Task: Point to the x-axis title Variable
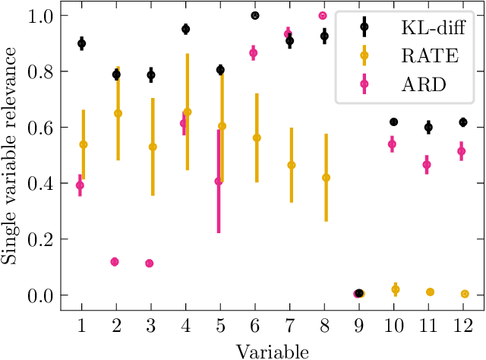(272, 351)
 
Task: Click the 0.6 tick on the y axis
(39, 128)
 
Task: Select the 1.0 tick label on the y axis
(39, 15)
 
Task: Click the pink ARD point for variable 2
(115, 262)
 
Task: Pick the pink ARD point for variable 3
(150, 264)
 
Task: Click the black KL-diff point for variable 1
(82, 44)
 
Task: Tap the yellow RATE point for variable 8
(326, 178)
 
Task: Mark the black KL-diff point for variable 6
(255, 15)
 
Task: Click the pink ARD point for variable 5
(219, 182)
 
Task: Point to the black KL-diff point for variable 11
(428, 128)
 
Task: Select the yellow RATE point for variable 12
(465, 294)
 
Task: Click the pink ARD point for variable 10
(392, 144)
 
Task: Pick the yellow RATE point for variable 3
(153, 147)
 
